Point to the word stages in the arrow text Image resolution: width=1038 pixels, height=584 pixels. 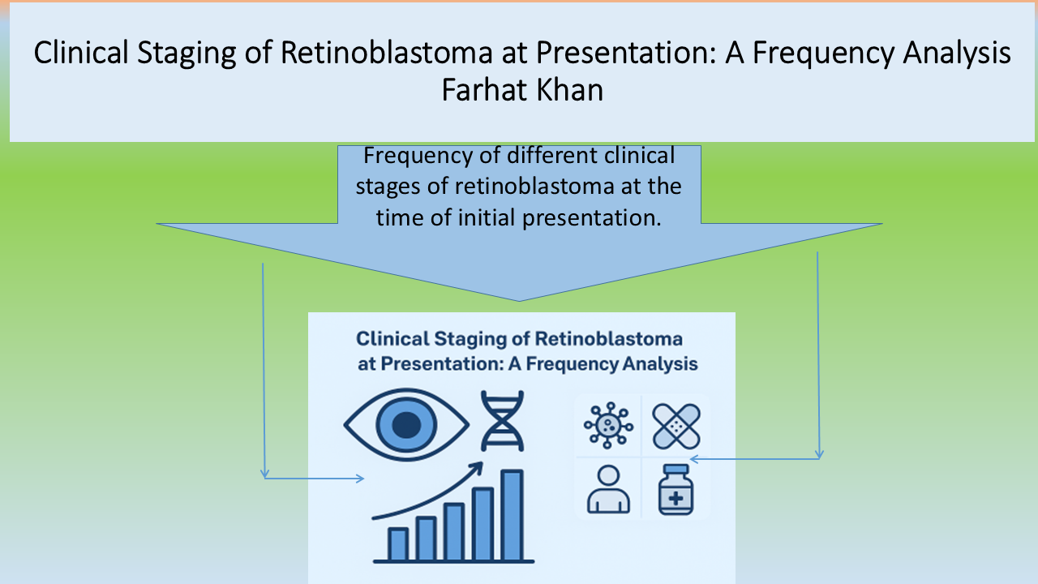click(x=388, y=187)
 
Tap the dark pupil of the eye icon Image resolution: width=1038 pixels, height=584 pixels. click(x=406, y=424)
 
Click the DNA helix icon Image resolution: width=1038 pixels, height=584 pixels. click(x=502, y=421)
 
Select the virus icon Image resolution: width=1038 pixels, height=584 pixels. click(x=608, y=425)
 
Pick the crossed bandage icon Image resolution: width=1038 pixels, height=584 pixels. click(x=676, y=427)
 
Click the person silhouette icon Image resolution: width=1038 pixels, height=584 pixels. click(x=608, y=489)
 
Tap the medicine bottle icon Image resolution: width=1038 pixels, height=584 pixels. click(x=676, y=489)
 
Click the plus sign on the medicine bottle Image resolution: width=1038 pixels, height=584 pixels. click(x=676, y=499)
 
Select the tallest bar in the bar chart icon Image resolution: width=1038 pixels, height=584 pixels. click(x=512, y=515)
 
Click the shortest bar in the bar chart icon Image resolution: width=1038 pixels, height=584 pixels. click(x=398, y=544)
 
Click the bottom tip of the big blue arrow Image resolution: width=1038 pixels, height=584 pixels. click(x=519, y=301)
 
